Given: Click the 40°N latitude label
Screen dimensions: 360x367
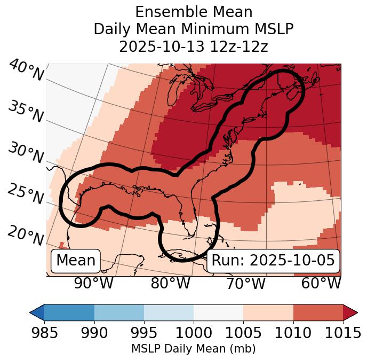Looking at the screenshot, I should tap(26, 71).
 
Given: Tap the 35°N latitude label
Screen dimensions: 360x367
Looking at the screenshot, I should tap(25, 111).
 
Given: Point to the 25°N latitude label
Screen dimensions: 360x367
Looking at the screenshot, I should tap(25, 194).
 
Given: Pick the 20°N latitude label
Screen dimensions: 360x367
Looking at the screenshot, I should tap(25, 235).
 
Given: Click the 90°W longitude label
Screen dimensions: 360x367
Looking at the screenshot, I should tap(93, 283).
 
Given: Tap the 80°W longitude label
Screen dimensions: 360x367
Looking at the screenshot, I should tap(170, 283).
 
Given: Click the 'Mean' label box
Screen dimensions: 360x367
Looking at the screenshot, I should tap(76, 261).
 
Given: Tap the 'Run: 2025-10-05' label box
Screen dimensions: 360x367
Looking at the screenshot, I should tap(273, 261).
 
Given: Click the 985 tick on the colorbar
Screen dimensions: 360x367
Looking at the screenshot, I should tap(44, 333).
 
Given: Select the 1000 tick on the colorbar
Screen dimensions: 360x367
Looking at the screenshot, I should tap(194, 333).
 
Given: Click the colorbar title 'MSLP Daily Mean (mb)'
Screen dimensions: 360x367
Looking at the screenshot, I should tap(193, 349).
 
